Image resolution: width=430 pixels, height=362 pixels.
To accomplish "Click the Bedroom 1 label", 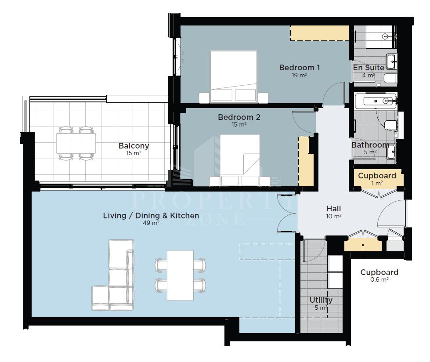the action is click(x=300, y=68).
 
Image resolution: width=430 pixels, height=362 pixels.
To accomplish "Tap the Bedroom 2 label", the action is click(x=239, y=117).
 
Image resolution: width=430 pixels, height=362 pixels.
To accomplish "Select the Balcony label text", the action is click(x=134, y=146).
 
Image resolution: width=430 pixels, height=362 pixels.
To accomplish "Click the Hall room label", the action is click(x=334, y=208).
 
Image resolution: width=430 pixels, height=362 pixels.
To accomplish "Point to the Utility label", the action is click(x=321, y=300).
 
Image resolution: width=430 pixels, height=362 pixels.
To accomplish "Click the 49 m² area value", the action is click(x=151, y=223).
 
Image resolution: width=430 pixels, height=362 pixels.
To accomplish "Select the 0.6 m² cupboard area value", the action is click(x=379, y=280).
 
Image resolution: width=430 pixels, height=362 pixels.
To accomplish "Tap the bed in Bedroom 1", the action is click(x=234, y=77).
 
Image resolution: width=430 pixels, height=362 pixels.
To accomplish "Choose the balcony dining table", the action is click(x=76, y=143).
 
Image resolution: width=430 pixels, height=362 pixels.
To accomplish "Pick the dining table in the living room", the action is click(x=180, y=275).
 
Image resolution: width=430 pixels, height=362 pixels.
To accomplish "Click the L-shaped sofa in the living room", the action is click(x=113, y=275).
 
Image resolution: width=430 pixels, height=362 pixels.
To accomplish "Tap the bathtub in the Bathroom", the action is click(x=376, y=101).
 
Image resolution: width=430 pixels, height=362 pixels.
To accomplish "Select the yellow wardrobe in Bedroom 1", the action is click(x=319, y=33).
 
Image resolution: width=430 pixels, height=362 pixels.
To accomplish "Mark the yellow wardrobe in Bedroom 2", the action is click(x=306, y=161).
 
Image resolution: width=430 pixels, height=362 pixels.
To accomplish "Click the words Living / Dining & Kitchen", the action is click(x=151, y=216).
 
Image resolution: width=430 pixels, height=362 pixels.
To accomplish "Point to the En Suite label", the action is click(x=369, y=68).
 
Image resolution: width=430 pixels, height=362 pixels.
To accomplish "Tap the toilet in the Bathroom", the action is click(x=391, y=126).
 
